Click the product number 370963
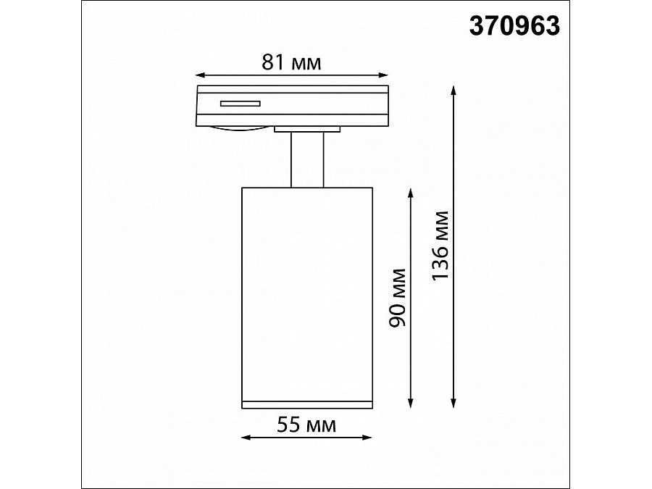click(514, 26)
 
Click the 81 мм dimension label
click(291, 63)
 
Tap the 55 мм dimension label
click(306, 425)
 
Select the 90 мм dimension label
click(397, 298)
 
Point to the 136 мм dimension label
click(440, 246)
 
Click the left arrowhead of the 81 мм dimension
click(200, 75)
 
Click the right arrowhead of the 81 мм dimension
click(383, 75)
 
